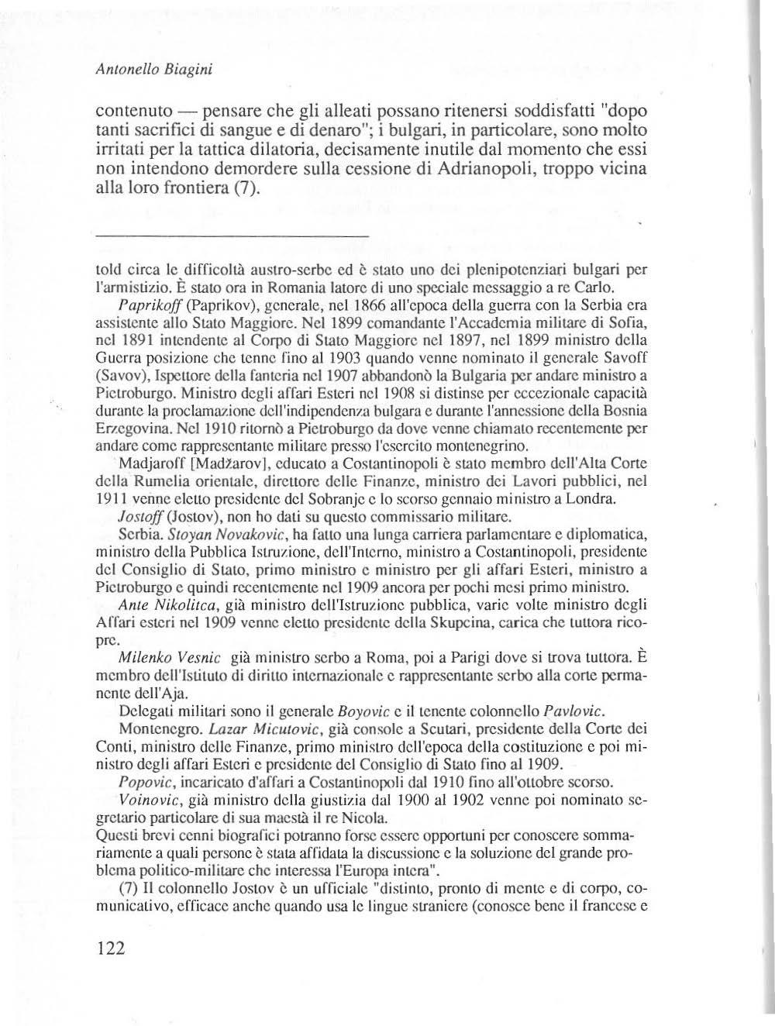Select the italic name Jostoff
(x=136, y=514)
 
